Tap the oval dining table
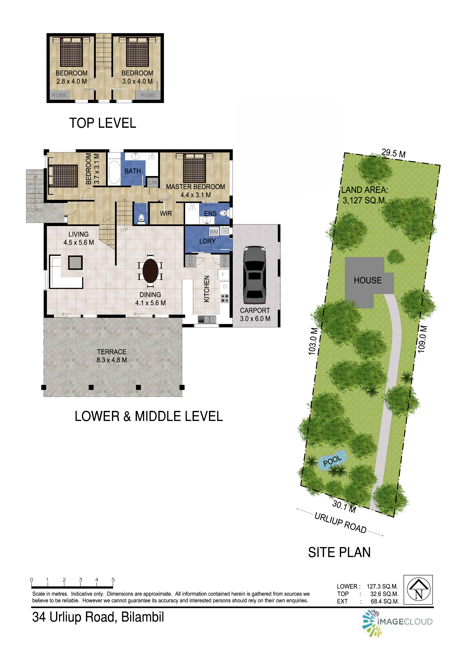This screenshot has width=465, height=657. click(150, 270)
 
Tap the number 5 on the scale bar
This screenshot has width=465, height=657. click(113, 579)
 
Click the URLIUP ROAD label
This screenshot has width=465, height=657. click(340, 523)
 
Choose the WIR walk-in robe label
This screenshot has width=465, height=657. click(166, 214)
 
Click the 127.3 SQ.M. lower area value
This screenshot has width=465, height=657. click(382, 586)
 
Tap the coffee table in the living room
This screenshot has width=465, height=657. click(75, 262)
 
